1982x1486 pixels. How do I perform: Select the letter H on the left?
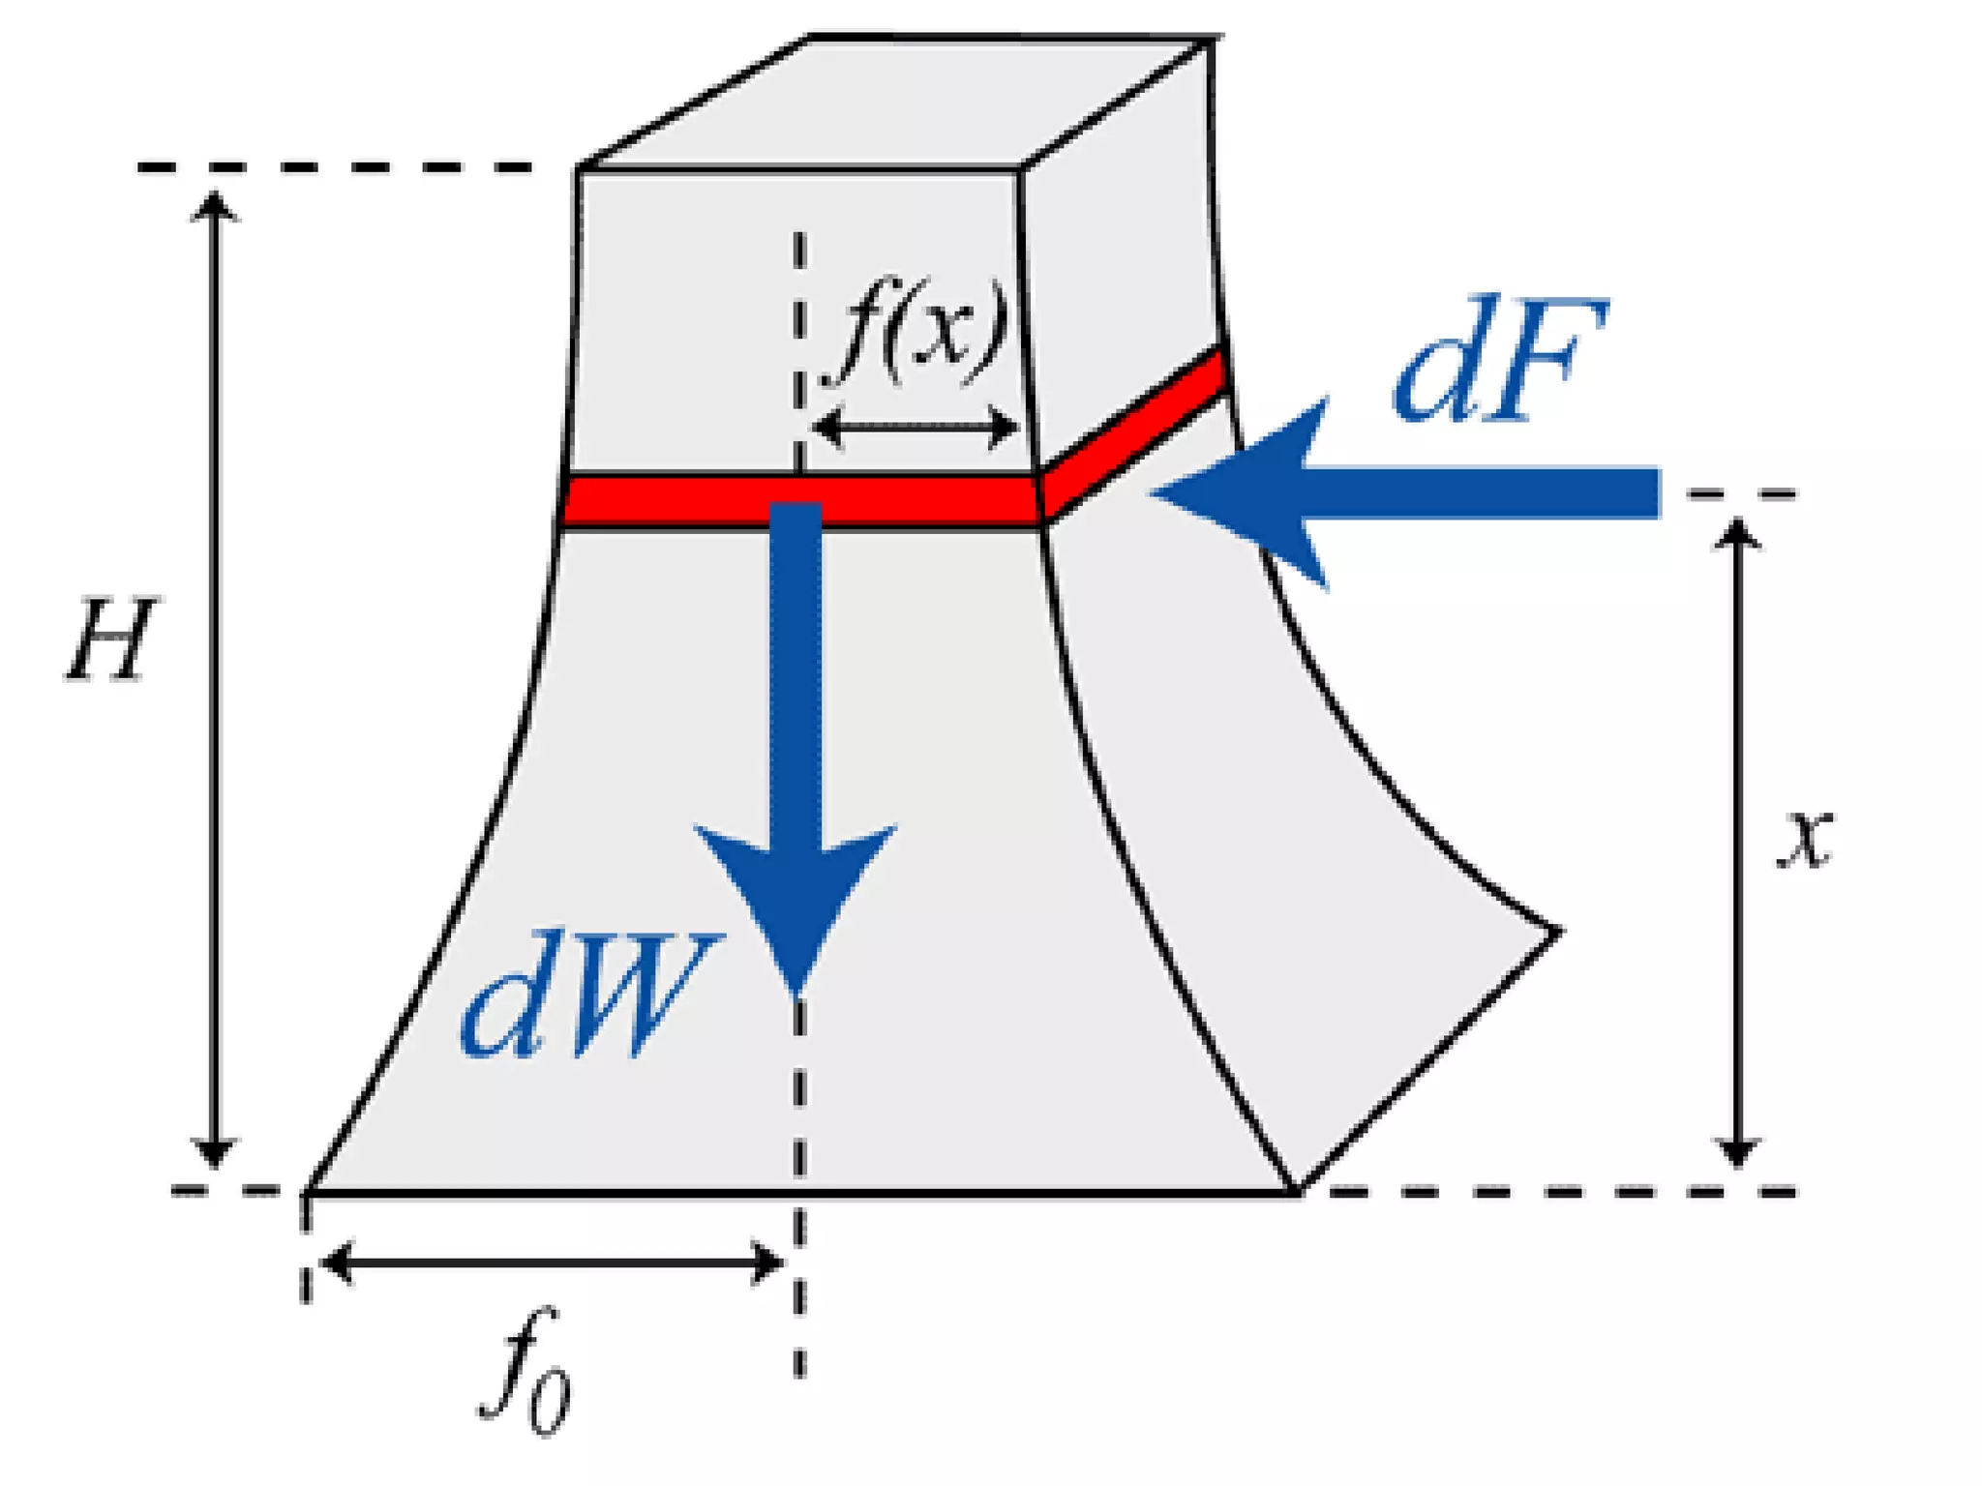(109, 639)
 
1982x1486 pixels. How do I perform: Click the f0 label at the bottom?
(524, 1374)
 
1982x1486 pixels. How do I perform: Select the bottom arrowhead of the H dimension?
(214, 1153)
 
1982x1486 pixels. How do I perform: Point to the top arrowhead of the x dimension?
(1737, 533)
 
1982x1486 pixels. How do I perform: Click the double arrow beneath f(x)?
(916, 426)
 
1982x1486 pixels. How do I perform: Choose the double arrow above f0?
(552, 1263)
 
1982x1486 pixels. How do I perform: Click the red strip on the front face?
(677, 500)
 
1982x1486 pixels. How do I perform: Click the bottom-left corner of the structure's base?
(308, 1192)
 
